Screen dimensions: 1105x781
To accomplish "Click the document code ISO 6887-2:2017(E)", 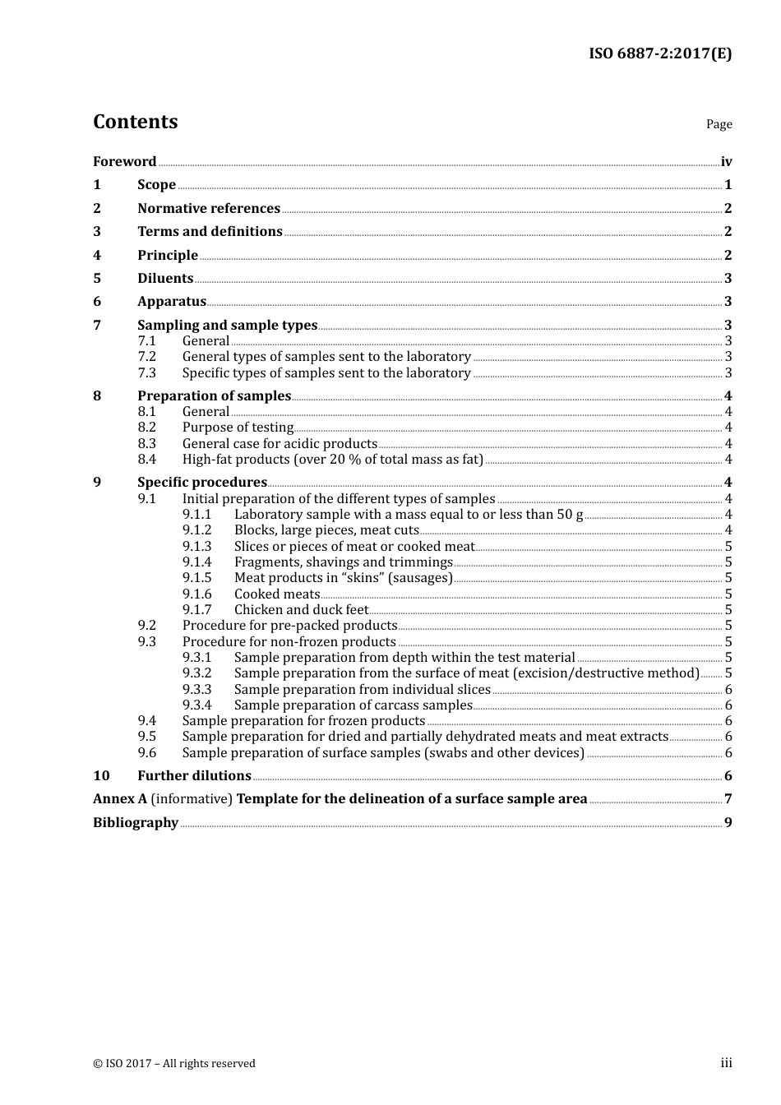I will (x=659, y=53).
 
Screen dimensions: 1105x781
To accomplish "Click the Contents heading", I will (x=135, y=122).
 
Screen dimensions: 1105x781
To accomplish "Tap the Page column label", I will (x=719, y=124).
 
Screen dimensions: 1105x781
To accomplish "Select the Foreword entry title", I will (x=124, y=161).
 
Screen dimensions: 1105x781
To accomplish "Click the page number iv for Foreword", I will (x=726, y=161).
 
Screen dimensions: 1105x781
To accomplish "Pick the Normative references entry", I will (x=209, y=208).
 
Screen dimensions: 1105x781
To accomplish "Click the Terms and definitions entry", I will (x=210, y=231).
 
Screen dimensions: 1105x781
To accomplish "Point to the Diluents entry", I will (x=165, y=278).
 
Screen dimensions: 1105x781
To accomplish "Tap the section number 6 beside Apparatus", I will (x=97, y=301).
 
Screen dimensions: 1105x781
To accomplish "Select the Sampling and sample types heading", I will (x=227, y=325).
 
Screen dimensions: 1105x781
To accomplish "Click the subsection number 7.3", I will (x=146, y=372).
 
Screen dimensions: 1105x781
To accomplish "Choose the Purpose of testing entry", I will (x=238, y=427).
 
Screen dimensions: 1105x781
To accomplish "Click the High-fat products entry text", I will (x=332, y=459).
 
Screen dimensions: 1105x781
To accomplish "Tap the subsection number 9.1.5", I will (x=196, y=577).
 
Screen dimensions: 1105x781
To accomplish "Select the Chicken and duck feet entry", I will (x=301, y=609).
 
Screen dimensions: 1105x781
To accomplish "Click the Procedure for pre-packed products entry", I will (x=289, y=625).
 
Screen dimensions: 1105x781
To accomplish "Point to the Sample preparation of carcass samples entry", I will (x=353, y=705).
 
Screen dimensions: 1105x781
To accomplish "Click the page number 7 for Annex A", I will (x=728, y=798).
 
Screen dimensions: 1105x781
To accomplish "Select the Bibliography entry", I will (x=136, y=822).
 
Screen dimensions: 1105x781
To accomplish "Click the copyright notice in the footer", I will (x=174, y=1063).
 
